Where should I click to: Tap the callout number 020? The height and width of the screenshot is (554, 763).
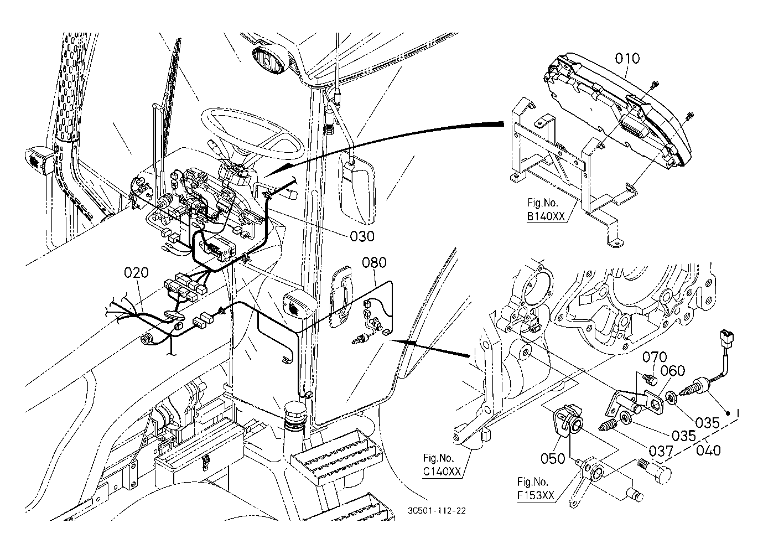pos(137,273)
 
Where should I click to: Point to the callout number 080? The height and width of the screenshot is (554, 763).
pos(375,262)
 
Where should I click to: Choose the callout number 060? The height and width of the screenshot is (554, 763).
pos(673,371)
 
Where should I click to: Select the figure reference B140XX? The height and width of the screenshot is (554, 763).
pos(546,217)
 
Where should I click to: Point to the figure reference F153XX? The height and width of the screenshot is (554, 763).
pos(535,495)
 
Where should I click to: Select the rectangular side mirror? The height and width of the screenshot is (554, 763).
pos(358,185)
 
